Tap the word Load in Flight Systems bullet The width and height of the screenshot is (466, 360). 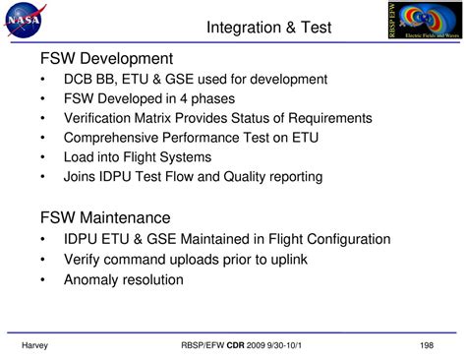click(x=80, y=157)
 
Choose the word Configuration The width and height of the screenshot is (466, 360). click(x=343, y=239)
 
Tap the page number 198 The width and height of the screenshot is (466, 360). click(x=426, y=345)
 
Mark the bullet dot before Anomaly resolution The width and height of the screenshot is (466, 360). click(x=42, y=279)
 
